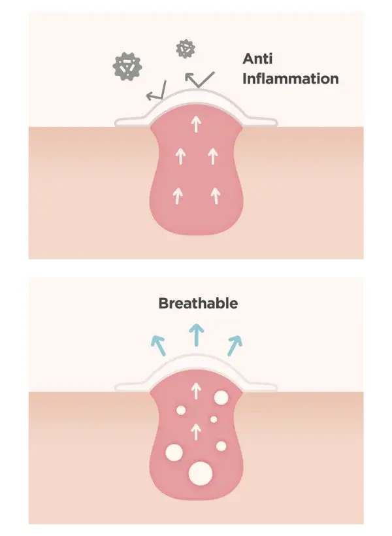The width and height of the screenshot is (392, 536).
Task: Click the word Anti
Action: pos(258,58)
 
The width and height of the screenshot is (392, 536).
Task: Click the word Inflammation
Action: pos(291,79)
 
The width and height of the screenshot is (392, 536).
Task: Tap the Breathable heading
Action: pos(198,303)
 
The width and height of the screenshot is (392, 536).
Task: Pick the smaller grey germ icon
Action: pos(186,48)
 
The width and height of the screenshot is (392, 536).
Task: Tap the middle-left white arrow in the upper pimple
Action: pos(180,156)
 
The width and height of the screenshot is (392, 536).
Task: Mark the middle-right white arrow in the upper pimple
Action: pos(212,156)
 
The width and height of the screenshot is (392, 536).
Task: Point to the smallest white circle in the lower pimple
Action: pos(213,419)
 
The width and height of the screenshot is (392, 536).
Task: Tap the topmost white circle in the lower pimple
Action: pos(221,397)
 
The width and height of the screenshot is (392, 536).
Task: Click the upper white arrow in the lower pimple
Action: pos(195,392)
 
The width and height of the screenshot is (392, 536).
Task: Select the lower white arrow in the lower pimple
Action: pos(195,431)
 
